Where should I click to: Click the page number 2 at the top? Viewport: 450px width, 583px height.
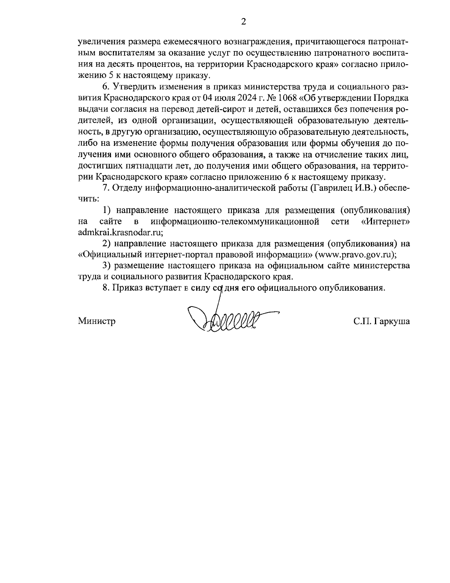[x=243, y=22]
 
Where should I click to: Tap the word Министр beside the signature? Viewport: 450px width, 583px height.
[x=96, y=321]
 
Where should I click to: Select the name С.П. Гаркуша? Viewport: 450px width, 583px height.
[x=381, y=321]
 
